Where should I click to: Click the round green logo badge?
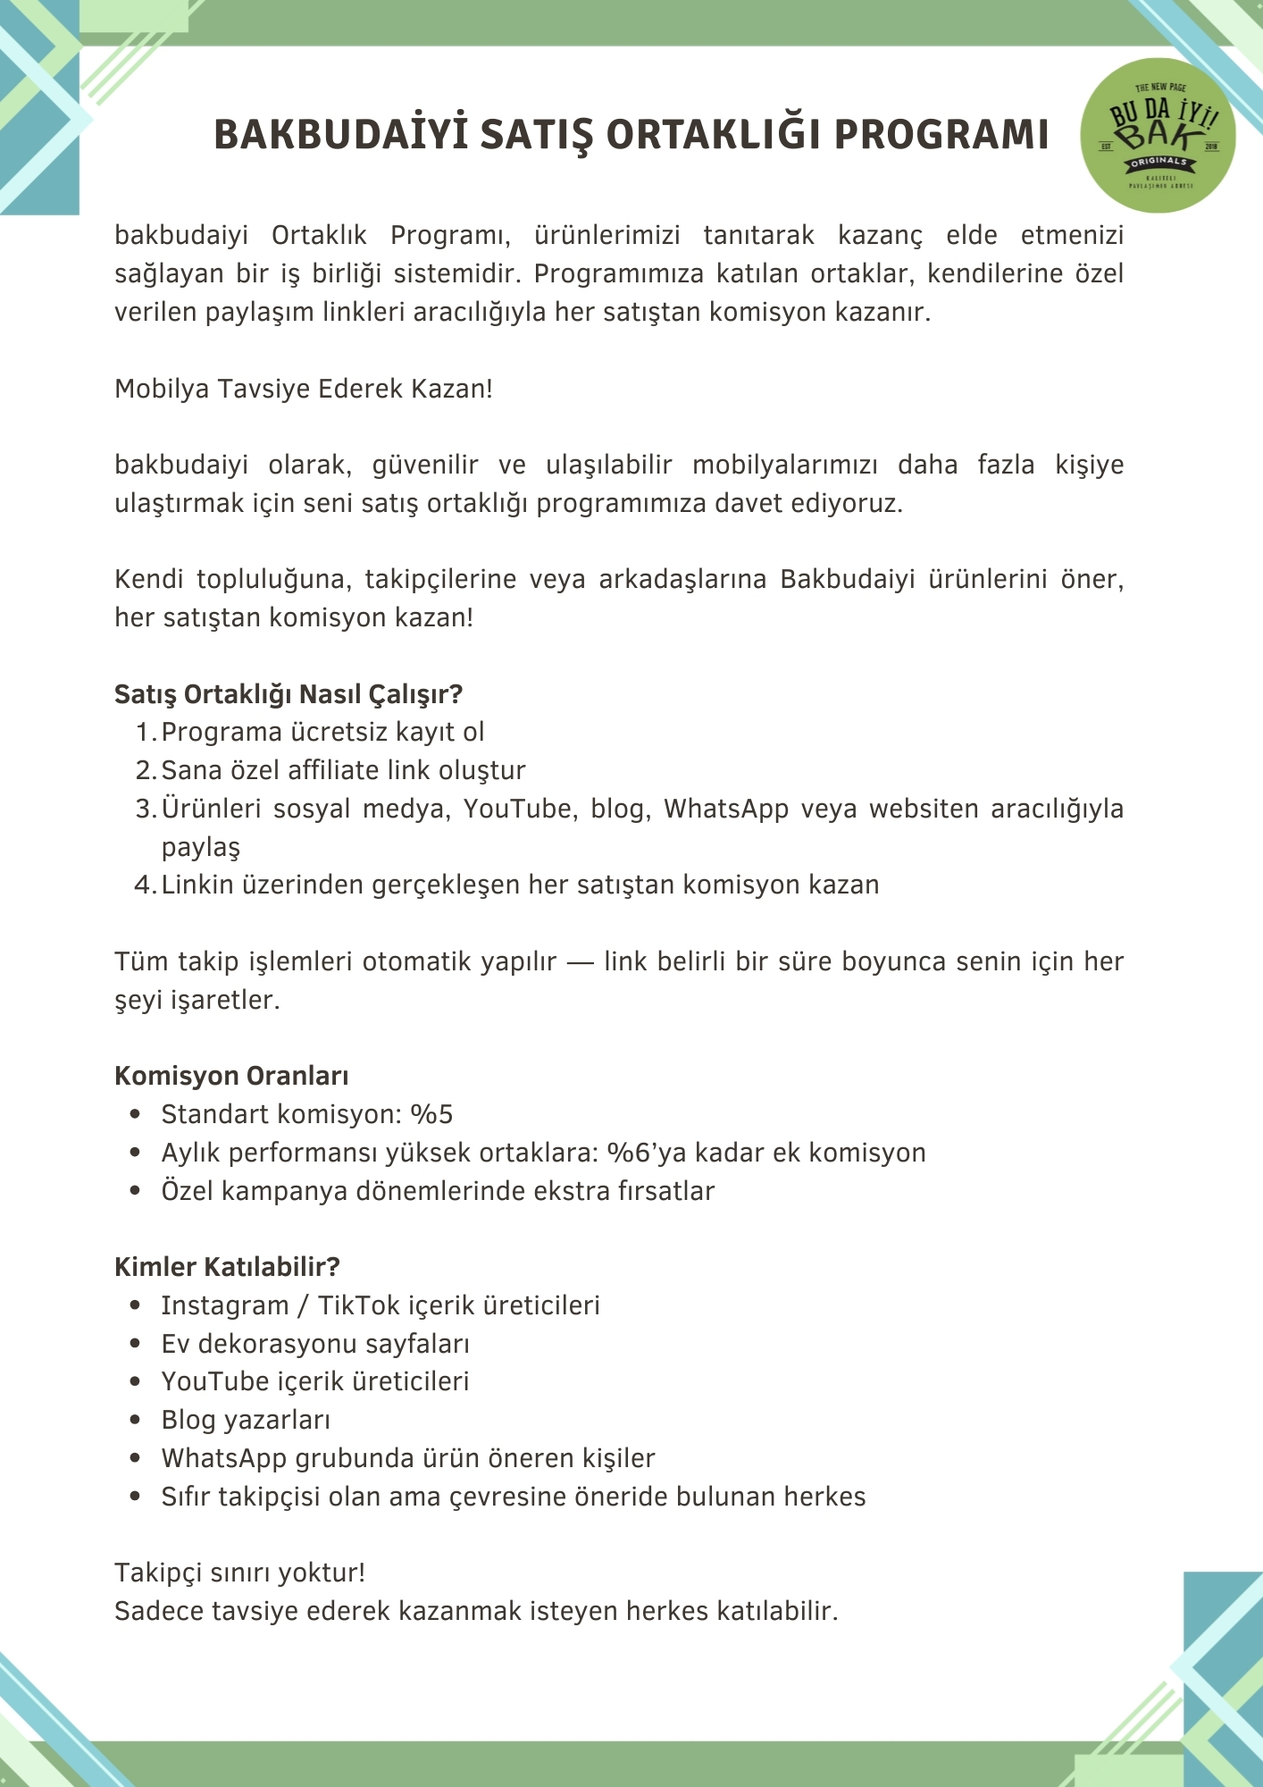(1158, 136)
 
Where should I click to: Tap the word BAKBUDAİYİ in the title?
(341, 135)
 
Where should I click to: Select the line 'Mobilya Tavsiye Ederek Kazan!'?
(304, 390)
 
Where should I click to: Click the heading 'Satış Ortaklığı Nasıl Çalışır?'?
(289, 694)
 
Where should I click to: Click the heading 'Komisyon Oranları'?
(231, 1076)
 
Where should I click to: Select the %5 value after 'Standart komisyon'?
(431, 1115)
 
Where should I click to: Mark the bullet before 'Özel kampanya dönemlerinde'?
(136, 1191)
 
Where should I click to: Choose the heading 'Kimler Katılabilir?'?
(227, 1267)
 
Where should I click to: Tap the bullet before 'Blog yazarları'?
(136, 1420)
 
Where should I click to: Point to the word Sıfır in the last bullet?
(186, 1497)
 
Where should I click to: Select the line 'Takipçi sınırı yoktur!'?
(239, 1573)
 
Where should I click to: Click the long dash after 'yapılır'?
(580, 962)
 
